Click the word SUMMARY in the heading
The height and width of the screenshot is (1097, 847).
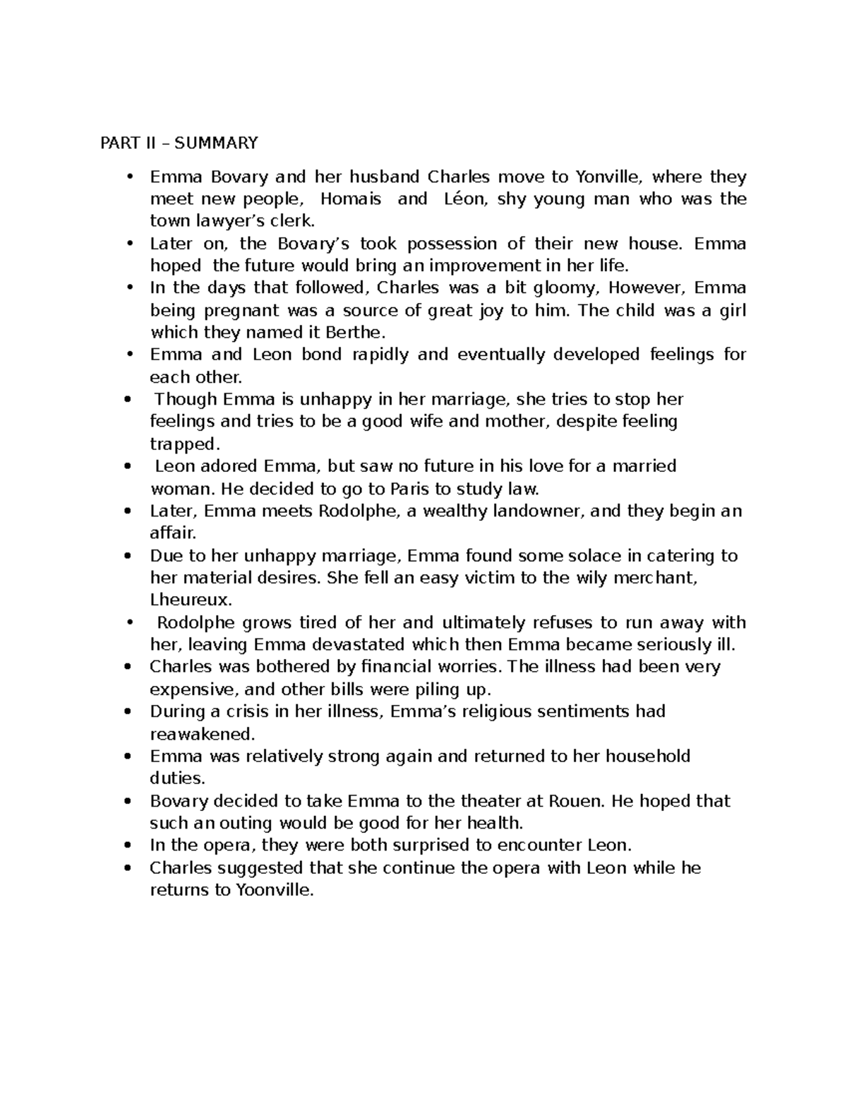pyautogui.click(x=216, y=143)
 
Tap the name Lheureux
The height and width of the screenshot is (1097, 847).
pyautogui.click(x=191, y=600)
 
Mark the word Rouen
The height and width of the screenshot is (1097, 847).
pyautogui.click(x=582, y=801)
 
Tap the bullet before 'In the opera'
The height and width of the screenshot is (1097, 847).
pyautogui.click(x=127, y=846)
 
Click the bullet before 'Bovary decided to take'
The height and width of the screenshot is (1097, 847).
pyautogui.click(x=127, y=801)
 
